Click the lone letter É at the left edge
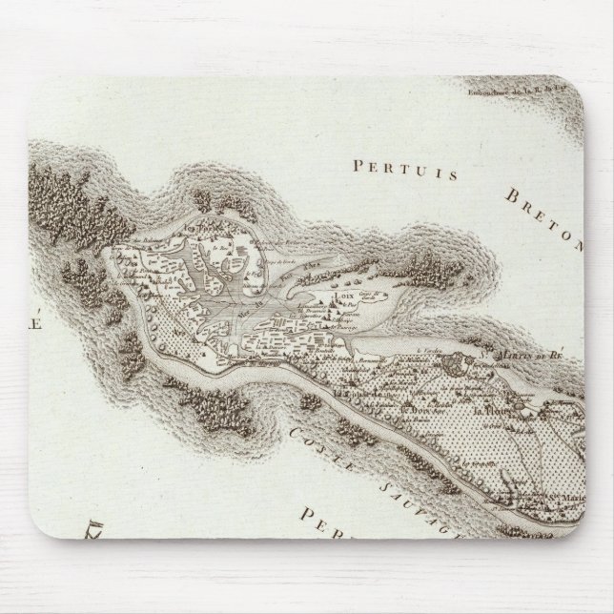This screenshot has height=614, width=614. (40, 321)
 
